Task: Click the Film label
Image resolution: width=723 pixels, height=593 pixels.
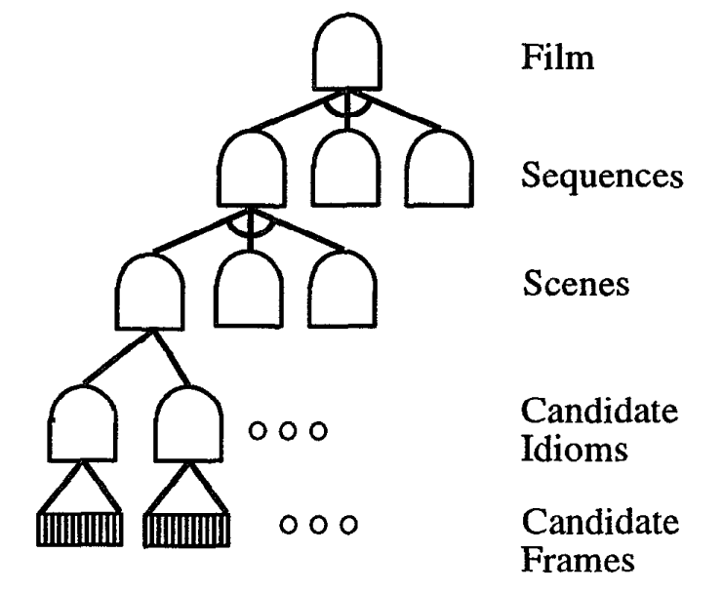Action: [557, 57]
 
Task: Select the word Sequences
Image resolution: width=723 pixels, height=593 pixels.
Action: [602, 176]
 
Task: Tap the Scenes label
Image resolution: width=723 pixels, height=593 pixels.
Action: [576, 283]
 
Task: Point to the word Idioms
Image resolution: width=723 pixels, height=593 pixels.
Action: [574, 449]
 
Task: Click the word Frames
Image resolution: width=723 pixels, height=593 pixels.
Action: [578, 559]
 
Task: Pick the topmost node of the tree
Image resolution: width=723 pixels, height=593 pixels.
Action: [347, 52]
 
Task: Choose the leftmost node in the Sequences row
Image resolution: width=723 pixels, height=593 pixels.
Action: [252, 168]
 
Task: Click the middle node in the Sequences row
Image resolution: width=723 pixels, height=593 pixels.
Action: [345, 168]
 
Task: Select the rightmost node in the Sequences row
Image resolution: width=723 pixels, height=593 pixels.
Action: [439, 168]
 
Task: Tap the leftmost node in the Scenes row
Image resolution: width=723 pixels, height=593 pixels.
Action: [149, 292]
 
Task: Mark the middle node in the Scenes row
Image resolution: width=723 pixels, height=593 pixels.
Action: [249, 290]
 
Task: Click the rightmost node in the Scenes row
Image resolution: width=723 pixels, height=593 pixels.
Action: [342, 290]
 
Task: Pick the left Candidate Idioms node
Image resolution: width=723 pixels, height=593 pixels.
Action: [82, 423]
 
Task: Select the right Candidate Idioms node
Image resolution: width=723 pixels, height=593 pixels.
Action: [188, 423]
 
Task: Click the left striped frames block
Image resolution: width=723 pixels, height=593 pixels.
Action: [80, 530]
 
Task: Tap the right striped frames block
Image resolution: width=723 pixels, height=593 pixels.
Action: [186, 531]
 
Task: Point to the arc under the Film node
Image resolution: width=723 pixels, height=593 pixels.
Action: [347, 112]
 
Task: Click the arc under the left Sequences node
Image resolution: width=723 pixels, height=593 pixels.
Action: [251, 234]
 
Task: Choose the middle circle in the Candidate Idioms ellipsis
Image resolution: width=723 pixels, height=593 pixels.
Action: [288, 431]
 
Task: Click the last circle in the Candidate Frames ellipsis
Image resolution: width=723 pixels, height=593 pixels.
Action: [348, 525]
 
